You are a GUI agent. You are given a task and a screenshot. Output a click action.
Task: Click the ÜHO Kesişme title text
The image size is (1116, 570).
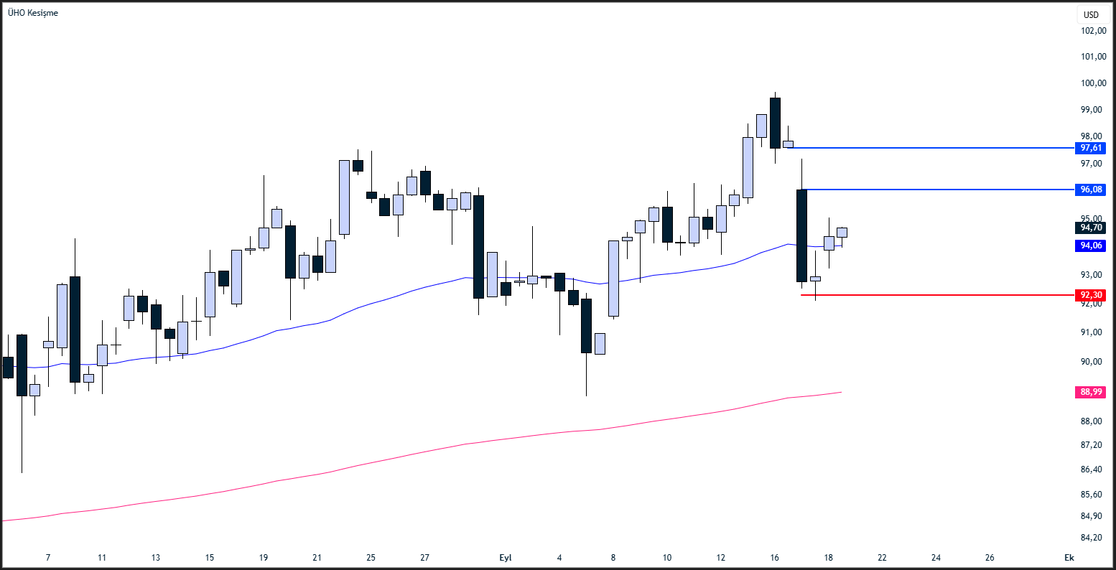(x=33, y=13)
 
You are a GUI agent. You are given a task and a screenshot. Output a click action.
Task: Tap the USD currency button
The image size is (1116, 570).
(x=1091, y=14)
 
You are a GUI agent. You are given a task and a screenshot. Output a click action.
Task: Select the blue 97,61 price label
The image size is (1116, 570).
(x=1091, y=148)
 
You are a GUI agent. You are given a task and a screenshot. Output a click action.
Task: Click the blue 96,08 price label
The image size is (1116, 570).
(x=1091, y=190)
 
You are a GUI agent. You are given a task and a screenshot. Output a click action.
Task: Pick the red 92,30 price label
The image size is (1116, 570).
(x=1091, y=295)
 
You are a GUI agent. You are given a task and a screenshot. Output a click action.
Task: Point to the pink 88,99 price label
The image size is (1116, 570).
(x=1091, y=392)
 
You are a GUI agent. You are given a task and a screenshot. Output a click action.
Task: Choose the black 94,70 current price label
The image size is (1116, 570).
(x=1091, y=228)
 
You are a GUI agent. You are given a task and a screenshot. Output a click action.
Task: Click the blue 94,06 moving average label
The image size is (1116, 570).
(x=1091, y=246)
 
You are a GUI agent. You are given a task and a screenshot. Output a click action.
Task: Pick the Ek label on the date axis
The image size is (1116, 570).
(x=1069, y=558)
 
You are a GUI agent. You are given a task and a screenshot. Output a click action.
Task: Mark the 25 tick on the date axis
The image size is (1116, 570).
(x=371, y=558)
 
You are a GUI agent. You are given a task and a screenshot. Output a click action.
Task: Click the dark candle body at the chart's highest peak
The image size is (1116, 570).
(x=775, y=123)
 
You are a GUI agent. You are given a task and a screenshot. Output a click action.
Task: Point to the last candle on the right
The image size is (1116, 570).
(x=842, y=232)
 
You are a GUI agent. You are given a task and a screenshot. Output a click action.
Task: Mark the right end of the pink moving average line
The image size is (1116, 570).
(x=840, y=392)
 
